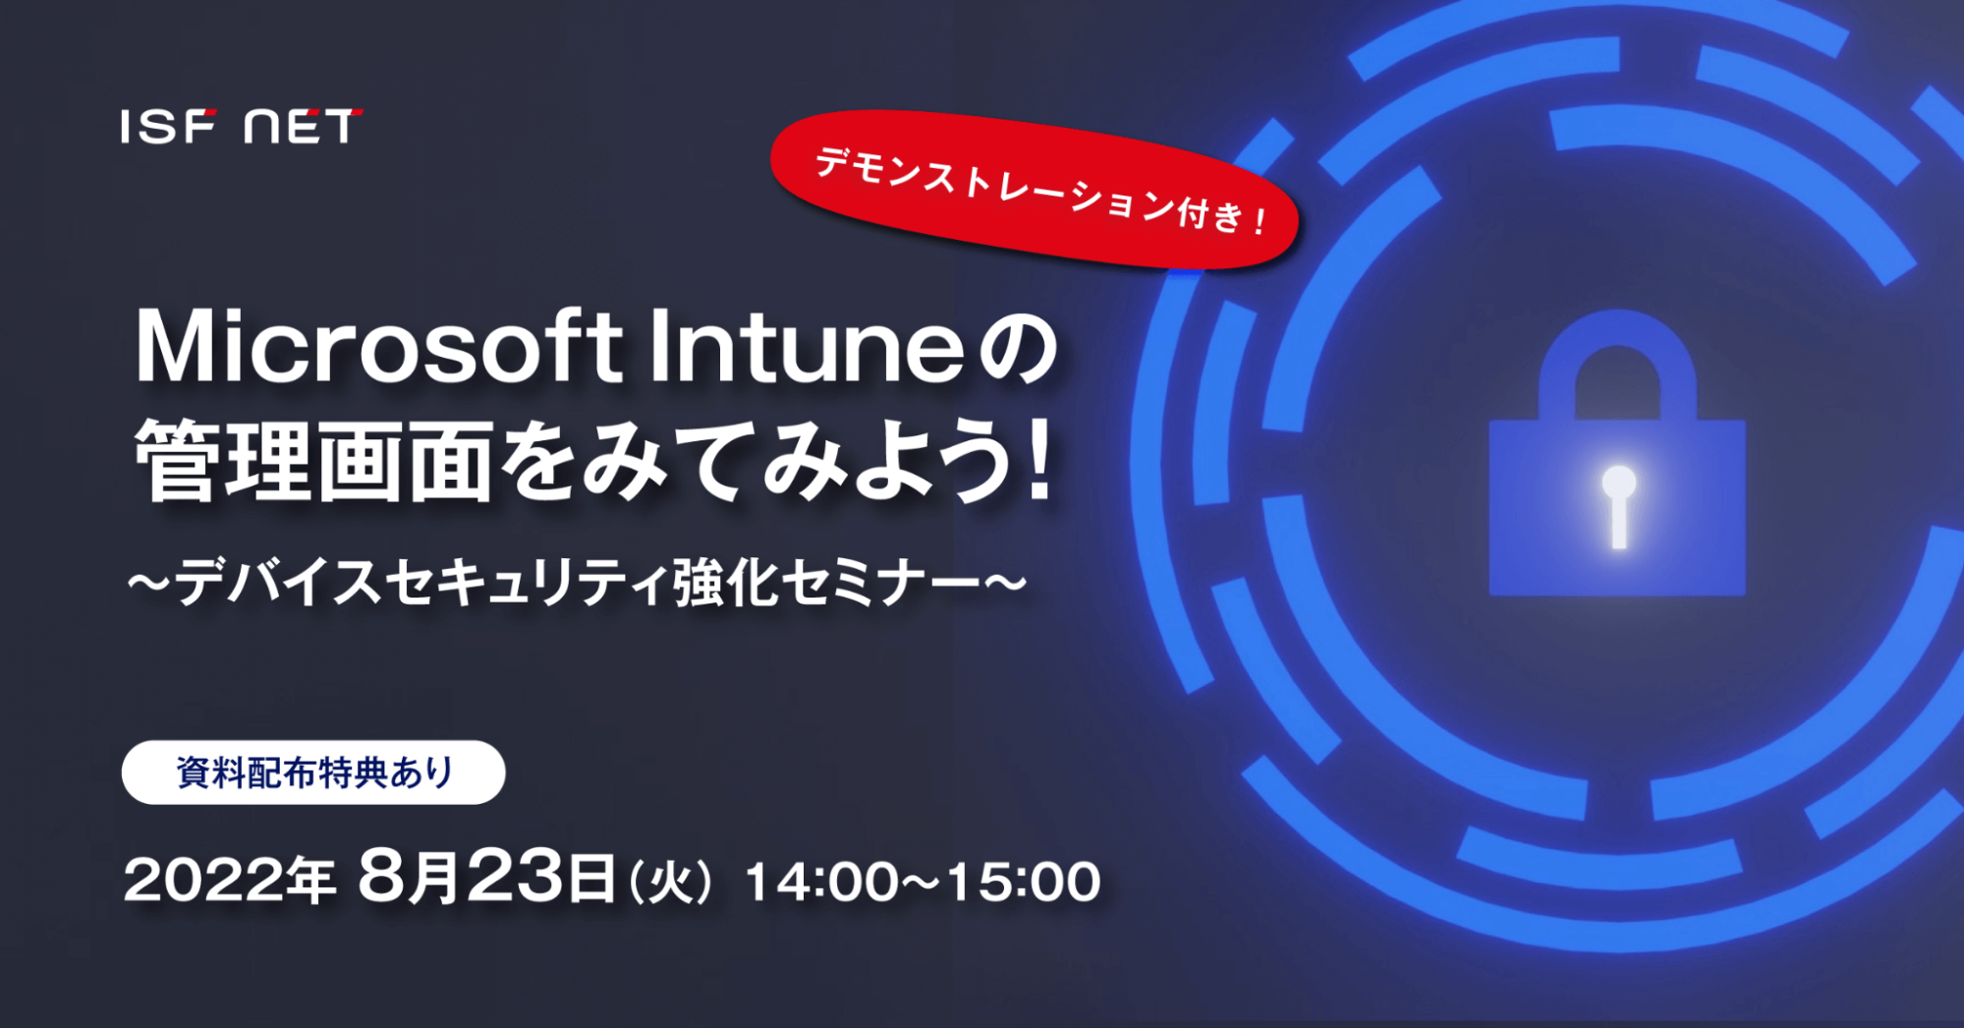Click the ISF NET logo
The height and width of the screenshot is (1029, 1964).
coord(242,127)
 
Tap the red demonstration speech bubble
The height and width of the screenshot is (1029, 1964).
coord(1034,190)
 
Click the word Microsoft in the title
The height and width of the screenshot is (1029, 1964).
coord(378,346)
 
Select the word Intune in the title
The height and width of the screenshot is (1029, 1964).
coord(807,346)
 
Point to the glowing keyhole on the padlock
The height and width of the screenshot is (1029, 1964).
coord(1618,506)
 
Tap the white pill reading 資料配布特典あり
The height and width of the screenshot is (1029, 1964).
coord(313,772)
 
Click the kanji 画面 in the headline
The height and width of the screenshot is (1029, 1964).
coord(404,460)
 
